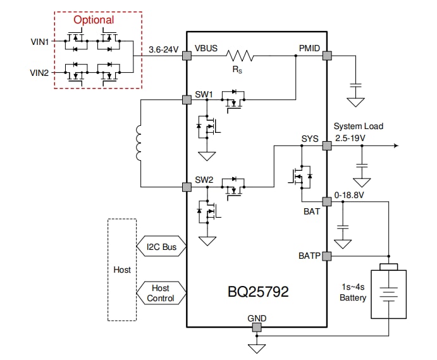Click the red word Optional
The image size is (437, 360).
click(x=94, y=20)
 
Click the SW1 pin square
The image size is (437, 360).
click(x=187, y=100)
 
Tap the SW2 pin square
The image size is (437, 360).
click(x=187, y=187)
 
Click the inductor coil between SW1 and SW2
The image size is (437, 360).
click(x=138, y=144)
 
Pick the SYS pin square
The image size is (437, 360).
click(x=327, y=146)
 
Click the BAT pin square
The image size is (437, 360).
click(x=327, y=202)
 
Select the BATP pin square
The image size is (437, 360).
click(x=327, y=256)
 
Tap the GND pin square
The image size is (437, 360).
click(x=257, y=327)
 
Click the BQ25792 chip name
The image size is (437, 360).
click(x=258, y=292)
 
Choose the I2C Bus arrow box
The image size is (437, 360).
click(x=161, y=246)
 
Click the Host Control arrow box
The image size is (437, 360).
click(x=161, y=293)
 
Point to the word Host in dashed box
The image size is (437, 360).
click(x=122, y=270)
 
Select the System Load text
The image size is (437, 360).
click(x=358, y=126)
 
